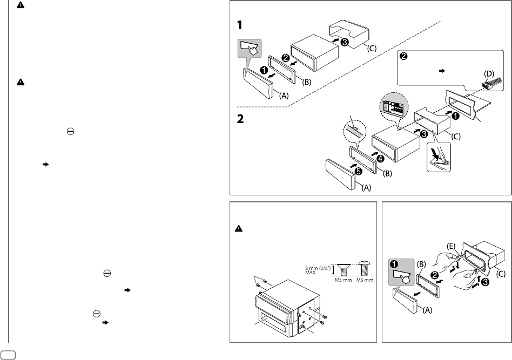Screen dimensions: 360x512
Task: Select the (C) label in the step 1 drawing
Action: tap(372, 48)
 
